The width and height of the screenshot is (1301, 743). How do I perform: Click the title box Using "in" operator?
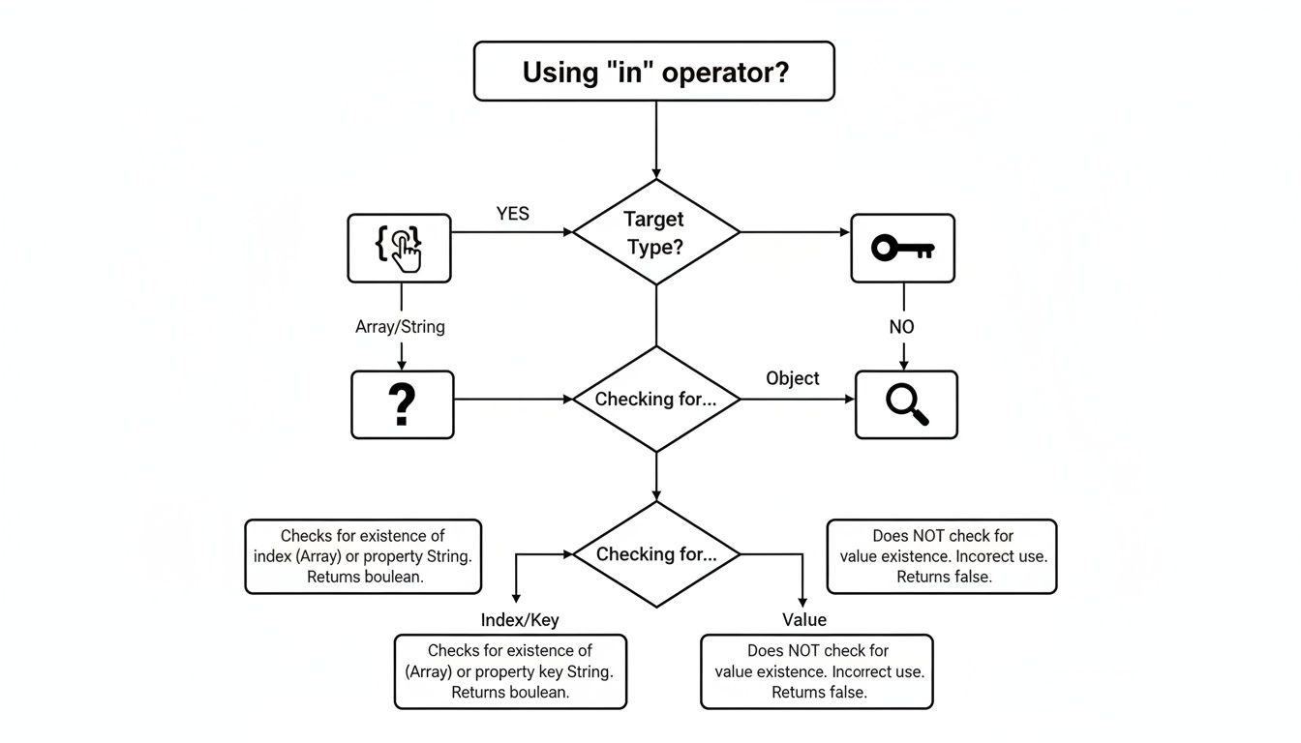click(x=654, y=71)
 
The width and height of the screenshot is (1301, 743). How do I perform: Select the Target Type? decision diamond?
click(x=656, y=232)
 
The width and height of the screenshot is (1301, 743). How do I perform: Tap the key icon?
click(x=902, y=249)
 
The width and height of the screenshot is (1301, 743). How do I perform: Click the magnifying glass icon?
click(x=907, y=404)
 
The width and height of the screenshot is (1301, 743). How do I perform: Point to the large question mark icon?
click(x=402, y=404)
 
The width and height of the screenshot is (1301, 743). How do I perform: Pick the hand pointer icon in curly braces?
click(x=399, y=249)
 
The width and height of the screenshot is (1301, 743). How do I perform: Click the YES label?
click(x=512, y=214)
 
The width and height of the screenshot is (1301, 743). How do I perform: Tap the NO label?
click(x=901, y=327)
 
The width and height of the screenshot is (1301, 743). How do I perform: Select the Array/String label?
click(x=400, y=327)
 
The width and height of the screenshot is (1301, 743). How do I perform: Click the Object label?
click(x=792, y=378)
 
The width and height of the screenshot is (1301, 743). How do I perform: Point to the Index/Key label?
click(x=520, y=620)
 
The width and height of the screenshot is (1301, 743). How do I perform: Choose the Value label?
click(x=804, y=619)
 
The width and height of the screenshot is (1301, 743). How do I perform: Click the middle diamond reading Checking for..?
click(x=656, y=400)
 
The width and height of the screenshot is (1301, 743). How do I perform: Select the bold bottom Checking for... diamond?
click(x=656, y=554)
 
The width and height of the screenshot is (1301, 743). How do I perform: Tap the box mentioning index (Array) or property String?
click(x=363, y=556)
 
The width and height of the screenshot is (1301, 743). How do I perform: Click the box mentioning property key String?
click(x=510, y=671)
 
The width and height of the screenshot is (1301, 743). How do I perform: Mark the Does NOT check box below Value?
click(x=817, y=671)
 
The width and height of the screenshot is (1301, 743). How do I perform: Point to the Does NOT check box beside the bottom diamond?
click(x=942, y=556)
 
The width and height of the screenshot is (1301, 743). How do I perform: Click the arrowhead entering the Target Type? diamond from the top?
click(x=656, y=173)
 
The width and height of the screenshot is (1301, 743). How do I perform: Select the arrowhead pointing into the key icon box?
click(x=846, y=232)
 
